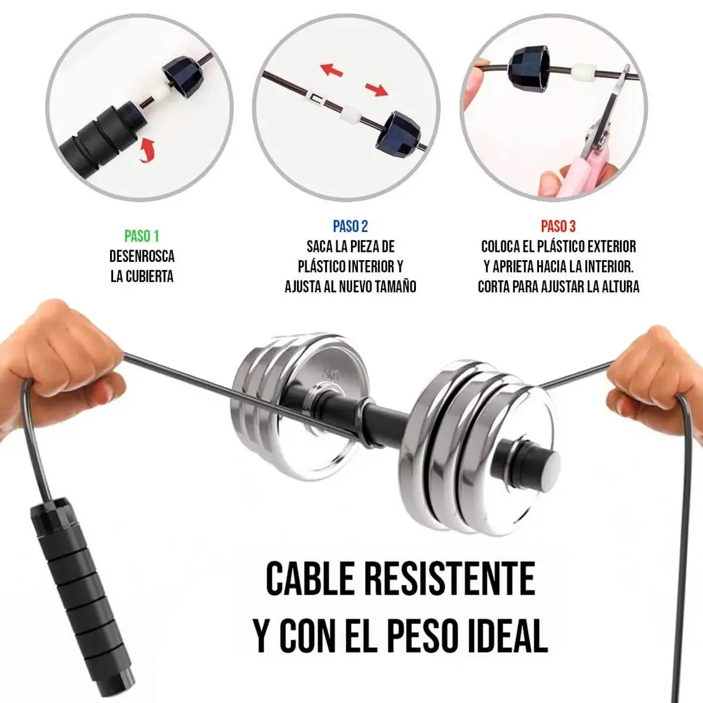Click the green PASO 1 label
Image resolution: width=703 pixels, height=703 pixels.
(x=142, y=236)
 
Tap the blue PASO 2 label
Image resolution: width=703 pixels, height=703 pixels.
(x=350, y=226)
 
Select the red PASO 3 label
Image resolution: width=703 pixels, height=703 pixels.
(x=558, y=226)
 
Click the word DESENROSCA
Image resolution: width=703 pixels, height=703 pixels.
(x=142, y=257)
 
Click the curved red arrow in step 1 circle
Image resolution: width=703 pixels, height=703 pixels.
(x=147, y=149)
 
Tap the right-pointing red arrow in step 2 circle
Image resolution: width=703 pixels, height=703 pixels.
(x=377, y=88)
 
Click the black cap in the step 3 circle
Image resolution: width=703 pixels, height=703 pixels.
(x=528, y=66)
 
